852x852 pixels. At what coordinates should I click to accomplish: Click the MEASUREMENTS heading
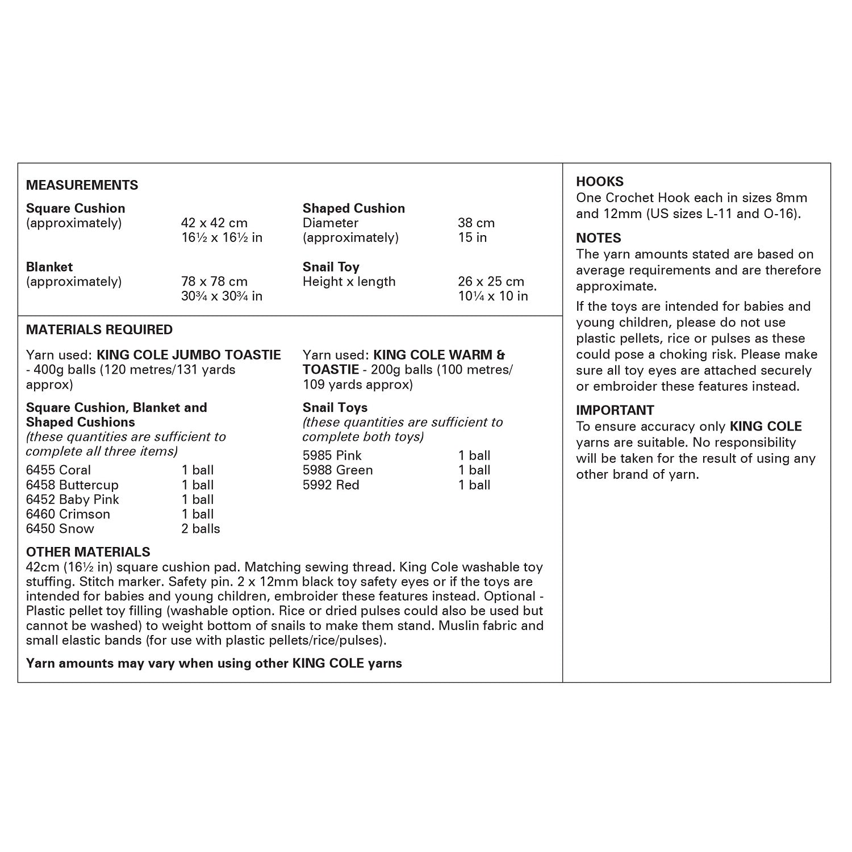[x=82, y=185]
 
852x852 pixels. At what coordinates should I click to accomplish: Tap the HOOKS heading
[x=599, y=182]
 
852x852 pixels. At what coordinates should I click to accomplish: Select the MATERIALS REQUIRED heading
[x=99, y=330]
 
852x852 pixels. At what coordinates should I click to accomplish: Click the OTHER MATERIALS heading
[x=88, y=552]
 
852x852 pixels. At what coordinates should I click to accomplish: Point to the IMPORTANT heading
[x=615, y=410]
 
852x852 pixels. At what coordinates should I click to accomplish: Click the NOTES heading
[x=598, y=238]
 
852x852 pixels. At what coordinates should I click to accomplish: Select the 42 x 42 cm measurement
[x=214, y=223]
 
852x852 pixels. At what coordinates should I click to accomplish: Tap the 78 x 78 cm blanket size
[x=214, y=282]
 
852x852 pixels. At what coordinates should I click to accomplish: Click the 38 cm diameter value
[x=476, y=223]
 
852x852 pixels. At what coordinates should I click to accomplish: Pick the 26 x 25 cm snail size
[x=491, y=282]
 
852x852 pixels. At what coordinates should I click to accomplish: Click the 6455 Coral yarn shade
[x=59, y=470]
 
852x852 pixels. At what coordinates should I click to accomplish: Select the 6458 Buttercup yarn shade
[x=72, y=485]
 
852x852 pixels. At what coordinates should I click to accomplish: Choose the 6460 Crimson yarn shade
[x=68, y=515]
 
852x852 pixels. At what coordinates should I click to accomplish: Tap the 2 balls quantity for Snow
[x=201, y=529]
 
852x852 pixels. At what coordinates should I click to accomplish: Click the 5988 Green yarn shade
[x=337, y=470]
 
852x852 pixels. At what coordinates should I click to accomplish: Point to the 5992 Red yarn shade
[x=331, y=485]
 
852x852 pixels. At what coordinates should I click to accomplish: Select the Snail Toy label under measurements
[x=331, y=267]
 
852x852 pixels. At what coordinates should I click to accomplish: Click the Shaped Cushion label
[x=353, y=208]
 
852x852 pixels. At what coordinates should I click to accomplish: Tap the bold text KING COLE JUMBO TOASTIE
[x=189, y=355]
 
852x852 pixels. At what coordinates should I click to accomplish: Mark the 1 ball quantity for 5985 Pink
[x=474, y=456]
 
